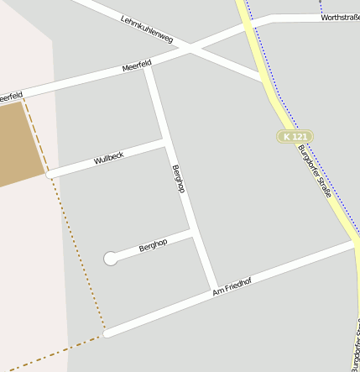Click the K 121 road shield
tap(295, 136)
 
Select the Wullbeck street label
tap(109, 157)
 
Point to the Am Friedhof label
tap(232, 286)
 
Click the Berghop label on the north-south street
tap(178, 179)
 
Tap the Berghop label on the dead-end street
tap(153, 244)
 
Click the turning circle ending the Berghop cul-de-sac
tap(111, 259)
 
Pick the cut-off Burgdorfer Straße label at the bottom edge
tap(356, 348)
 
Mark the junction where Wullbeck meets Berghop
tap(164, 142)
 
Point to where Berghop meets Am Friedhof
tap(215, 290)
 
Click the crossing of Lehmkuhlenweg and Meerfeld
tap(191, 49)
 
